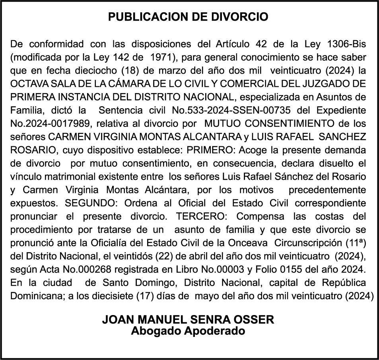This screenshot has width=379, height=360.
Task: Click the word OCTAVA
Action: [26, 84]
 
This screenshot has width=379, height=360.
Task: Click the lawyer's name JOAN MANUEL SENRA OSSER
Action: [188, 319]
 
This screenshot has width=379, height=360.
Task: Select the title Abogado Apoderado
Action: [188, 331]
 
